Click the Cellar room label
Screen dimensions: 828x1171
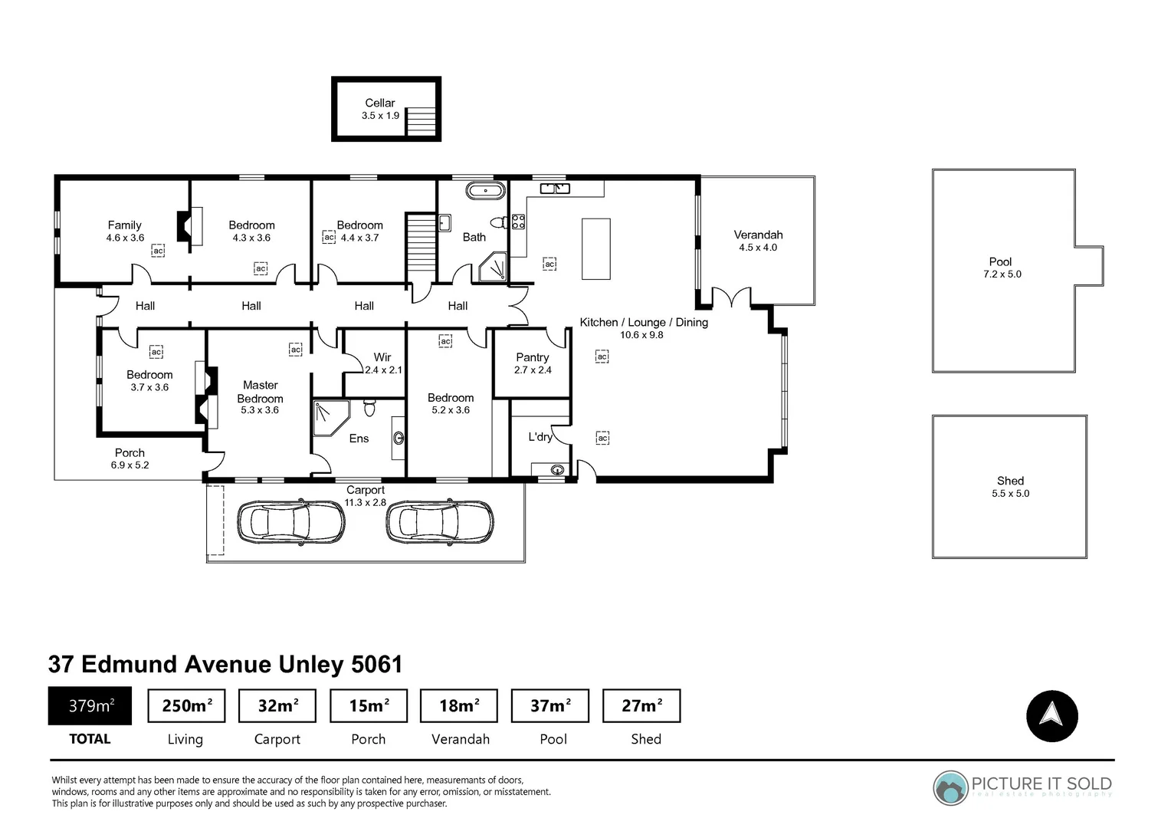tap(379, 103)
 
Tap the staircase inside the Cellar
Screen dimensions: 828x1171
tap(421, 121)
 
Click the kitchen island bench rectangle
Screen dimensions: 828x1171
tap(596, 248)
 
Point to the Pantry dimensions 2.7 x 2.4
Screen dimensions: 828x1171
tap(533, 370)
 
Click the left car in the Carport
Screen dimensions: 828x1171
tap(291, 522)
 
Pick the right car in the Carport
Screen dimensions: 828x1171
tap(440, 522)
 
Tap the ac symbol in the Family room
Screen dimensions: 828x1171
tap(158, 251)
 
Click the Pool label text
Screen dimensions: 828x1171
tap(1000, 261)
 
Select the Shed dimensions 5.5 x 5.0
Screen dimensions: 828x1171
tap(1010, 494)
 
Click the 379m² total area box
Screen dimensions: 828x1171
tap(90, 705)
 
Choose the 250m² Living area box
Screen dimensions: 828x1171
tap(186, 705)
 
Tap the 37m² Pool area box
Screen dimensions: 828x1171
tap(549, 705)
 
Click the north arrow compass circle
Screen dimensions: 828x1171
tap(1051, 716)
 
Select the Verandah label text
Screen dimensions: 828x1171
tap(758, 235)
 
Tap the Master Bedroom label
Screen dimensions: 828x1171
tap(260, 392)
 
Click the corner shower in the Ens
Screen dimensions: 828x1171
tap(330, 418)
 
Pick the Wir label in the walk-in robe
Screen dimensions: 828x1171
tap(382, 357)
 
